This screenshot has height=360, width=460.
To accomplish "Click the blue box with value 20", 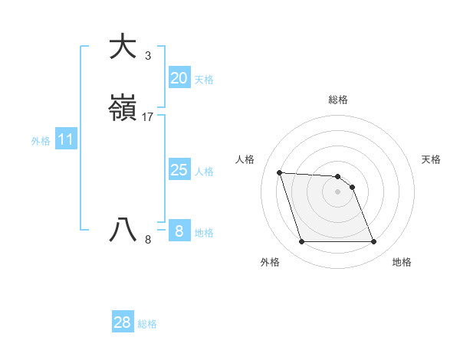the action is click(179, 77).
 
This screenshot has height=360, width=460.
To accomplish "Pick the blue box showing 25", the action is click(179, 170).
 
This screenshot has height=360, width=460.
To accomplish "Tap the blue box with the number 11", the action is click(66, 140).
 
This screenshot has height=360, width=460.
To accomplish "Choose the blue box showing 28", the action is click(123, 322).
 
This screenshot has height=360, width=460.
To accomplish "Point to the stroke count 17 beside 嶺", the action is click(149, 117).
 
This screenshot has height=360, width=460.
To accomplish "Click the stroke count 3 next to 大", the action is click(148, 55).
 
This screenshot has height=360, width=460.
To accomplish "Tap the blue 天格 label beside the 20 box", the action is click(204, 80).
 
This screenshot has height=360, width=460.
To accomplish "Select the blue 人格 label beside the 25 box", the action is click(204, 172).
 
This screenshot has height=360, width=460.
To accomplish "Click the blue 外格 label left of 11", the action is click(41, 141).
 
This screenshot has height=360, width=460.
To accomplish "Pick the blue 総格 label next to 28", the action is click(147, 324).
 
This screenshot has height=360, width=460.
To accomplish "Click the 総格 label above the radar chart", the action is click(338, 100).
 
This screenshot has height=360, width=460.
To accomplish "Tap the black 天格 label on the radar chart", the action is click(431, 159).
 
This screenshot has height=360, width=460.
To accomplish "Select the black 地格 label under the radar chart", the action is click(402, 262).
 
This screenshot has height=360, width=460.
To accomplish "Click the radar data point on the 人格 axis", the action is click(279, 172).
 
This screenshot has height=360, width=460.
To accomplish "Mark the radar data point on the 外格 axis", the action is click(301, 242).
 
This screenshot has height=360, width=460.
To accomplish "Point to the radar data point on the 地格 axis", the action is click(373, 242).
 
